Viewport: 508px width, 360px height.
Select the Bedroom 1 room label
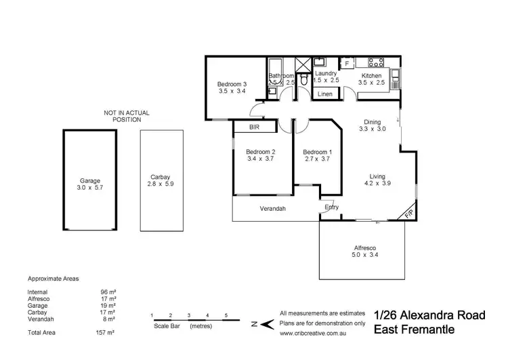point(317,151)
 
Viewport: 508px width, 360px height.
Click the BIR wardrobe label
point(254,127)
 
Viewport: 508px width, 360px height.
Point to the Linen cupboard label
point(325,94)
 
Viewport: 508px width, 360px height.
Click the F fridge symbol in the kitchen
point(347,64)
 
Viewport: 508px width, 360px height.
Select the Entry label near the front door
point(332,207)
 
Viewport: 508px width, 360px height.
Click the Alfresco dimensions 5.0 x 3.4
point(366,255)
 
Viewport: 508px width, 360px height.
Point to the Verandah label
point(273,209)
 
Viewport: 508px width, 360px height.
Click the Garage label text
point(90,181)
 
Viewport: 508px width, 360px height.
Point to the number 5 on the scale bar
point(226,315)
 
